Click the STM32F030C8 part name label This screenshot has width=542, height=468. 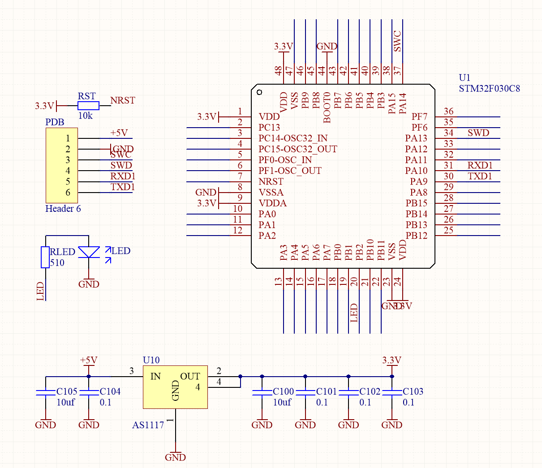[x=489, y=88]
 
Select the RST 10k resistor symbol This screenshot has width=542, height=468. [x=88, y=106]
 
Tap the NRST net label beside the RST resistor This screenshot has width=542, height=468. [x=123, y=100]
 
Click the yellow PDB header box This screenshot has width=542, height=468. [x=62, y=165]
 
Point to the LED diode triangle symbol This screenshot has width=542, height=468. [x=89, y=252]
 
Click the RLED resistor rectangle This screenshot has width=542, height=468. [x=45, y=257]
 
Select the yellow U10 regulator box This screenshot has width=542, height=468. [x=175, y=387]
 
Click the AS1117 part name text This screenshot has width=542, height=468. [x=148, y=425]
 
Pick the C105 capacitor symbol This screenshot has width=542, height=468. [x=46, y=392]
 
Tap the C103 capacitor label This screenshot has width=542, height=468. [x=413, y=391]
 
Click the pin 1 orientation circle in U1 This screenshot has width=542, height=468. [x=259, y=92]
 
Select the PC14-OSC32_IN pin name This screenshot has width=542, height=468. [x=293, y=138]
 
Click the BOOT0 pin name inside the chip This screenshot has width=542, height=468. [x=327, y=107]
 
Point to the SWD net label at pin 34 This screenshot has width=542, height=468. [x=478, y=133]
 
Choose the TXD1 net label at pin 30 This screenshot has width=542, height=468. [x=480, y=176]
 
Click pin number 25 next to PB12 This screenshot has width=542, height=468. [x=448, y=230]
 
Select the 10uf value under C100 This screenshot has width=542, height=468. [x=282, y=402]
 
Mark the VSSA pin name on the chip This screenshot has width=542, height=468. [x=271, y=193]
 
